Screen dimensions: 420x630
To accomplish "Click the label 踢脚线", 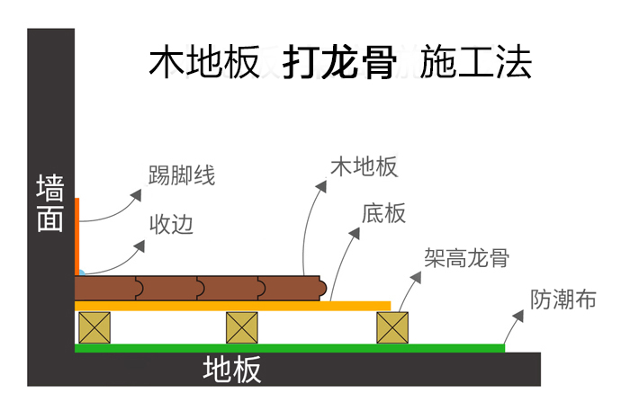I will [x=182, y=175].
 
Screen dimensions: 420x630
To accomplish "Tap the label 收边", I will [x=171, y=223].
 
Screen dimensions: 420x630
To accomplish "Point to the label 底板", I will [x=384, y=213].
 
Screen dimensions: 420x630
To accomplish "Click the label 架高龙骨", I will [x=467, y=258].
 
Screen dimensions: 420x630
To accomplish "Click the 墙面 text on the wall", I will [x=50, y=204].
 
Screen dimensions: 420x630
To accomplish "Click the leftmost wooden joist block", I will [x=94, y=327].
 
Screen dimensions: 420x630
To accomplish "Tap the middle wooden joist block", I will [x=242, y=327].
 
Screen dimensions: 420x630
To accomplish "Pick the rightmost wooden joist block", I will [x=392, y=327].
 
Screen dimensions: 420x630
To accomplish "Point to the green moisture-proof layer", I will [x=288, y=347].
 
